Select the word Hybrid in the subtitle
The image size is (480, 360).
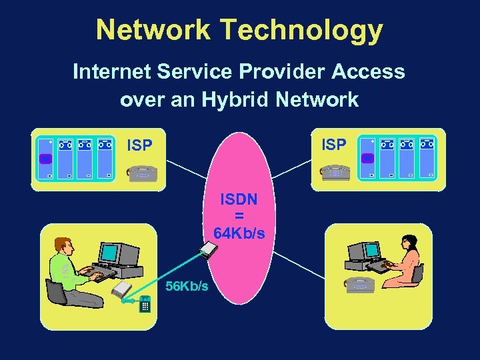[x=259, y=100]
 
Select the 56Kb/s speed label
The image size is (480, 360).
[x=187, y=286]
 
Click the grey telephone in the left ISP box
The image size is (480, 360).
[x=142, y=172]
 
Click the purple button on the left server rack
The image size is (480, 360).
[x=45, y=159]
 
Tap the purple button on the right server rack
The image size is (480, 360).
[x=368, y=158]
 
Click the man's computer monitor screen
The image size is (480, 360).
[x=107, y=253]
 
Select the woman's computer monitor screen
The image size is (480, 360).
[x=372, y=250]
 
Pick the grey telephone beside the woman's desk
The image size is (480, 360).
[x=359, y=285]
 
